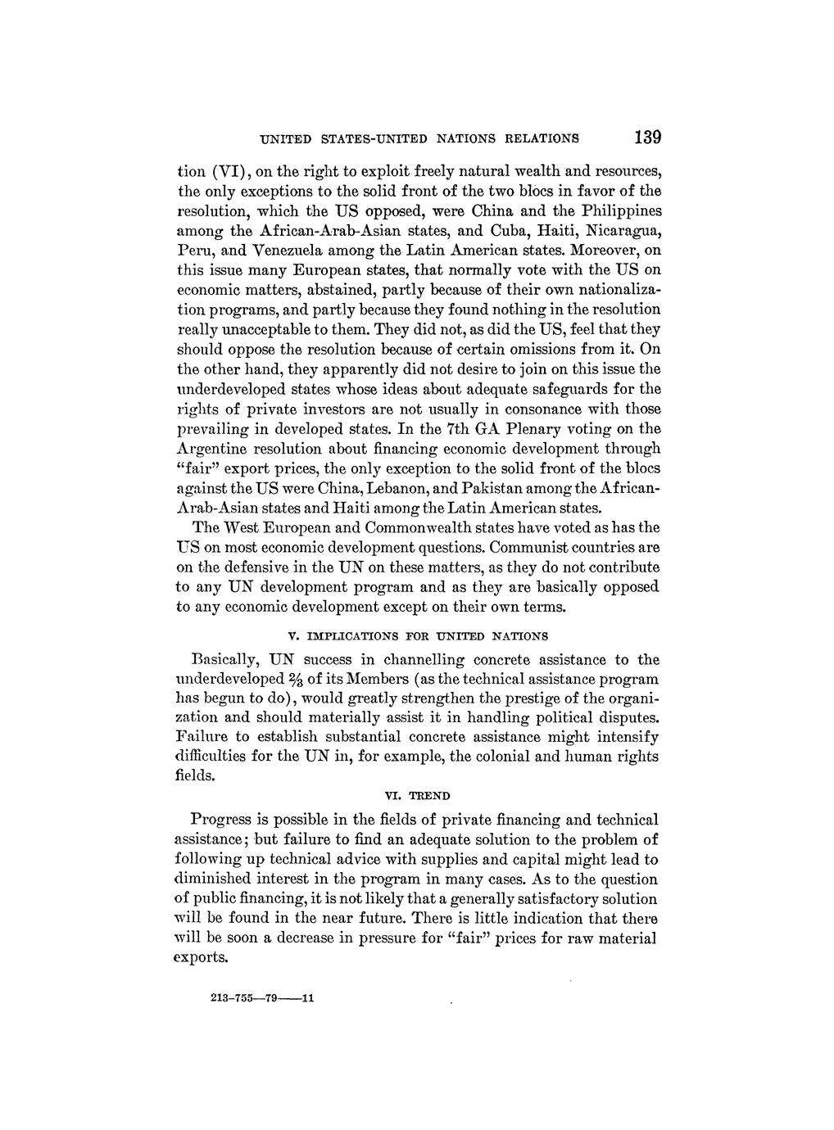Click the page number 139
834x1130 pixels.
click(646, 137)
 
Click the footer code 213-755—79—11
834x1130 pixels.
click(257, 998)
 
